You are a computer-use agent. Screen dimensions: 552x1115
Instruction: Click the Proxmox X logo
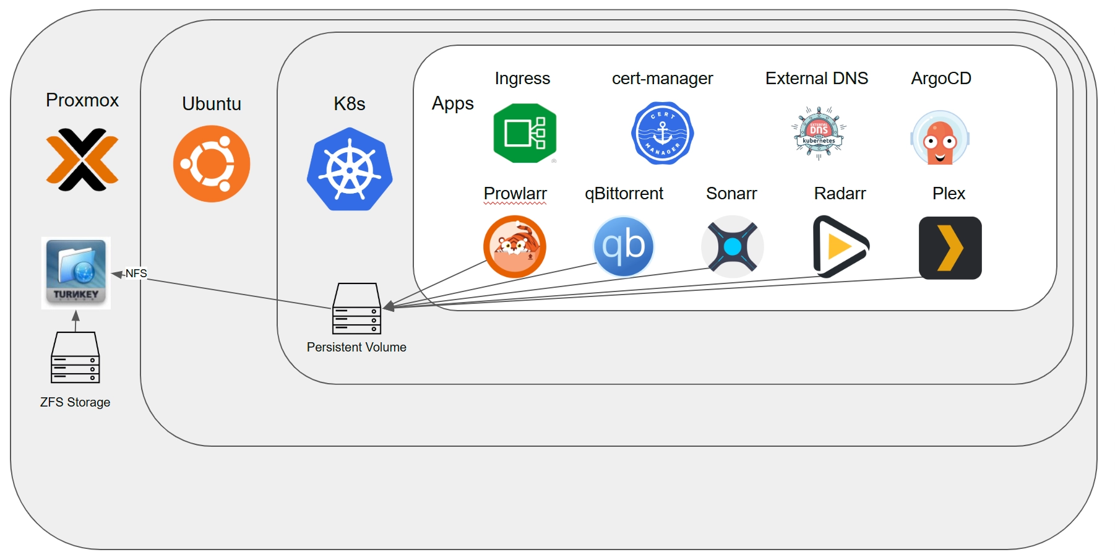tap(82, 160)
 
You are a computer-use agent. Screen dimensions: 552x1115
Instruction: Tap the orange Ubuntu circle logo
tap(212, 164)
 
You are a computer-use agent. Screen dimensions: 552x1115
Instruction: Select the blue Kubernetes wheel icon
tap(350, 170)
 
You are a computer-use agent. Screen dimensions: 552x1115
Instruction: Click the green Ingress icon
tap(525, 133)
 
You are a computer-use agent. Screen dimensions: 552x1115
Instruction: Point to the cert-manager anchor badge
tap(662, 133)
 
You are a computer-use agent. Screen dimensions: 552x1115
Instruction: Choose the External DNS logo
tap(819, 133)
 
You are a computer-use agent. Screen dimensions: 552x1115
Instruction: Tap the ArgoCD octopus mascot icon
tap(939, 138)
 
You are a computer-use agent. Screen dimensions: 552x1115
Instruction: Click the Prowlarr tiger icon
tap(515, 246)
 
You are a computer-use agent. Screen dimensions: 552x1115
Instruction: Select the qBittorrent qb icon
tap(624, 246)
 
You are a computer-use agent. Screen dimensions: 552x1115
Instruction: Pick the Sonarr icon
tap(732, 246)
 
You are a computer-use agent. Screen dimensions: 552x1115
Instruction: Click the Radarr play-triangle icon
tap(839, 246)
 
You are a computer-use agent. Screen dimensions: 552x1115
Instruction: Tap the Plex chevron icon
tap(950, 248)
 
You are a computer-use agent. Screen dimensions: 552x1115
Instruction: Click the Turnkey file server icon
tap(76, 272)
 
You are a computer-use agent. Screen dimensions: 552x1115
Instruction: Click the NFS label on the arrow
tap(136, 274)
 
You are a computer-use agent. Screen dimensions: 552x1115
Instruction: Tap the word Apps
tap(452, 103)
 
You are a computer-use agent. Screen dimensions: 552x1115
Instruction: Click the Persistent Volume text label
tap(356, 347)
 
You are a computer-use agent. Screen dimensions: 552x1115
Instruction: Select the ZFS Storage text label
tap(75, 402)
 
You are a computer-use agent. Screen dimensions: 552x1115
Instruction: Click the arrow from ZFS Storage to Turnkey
tap(75, 321)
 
